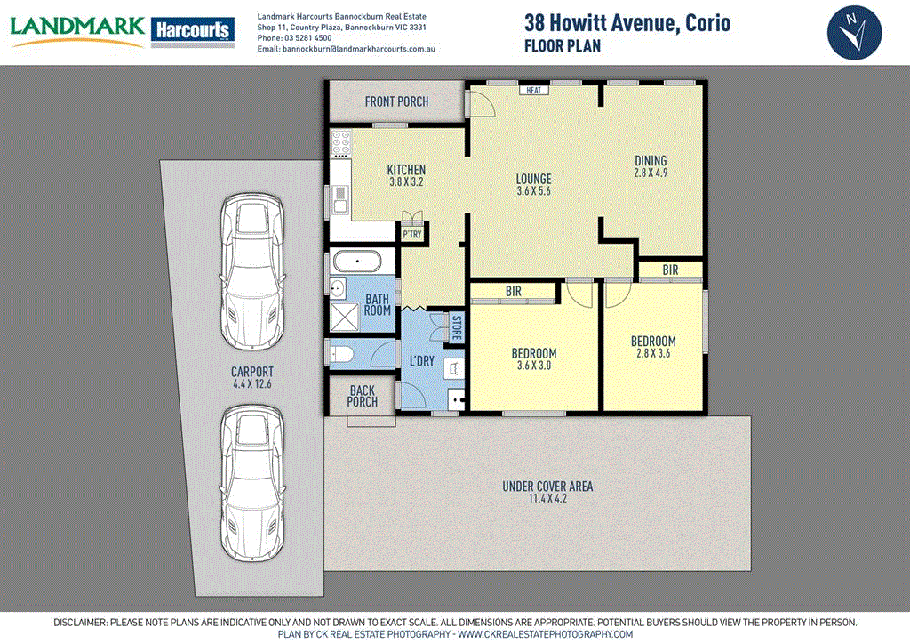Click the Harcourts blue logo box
coord(193,30)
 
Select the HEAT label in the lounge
coord(533,90)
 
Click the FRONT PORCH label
coord(396,101)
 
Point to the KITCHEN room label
coord(406,170)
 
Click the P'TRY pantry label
coord(412,234)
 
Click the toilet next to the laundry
coord(341,355)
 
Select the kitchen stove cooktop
coord(339,143)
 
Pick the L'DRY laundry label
coord(421,361)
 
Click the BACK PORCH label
coord(362,396)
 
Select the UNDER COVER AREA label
coord(547,487)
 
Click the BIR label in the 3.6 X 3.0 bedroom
coord(513,291)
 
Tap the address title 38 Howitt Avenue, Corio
coord(627,23)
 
